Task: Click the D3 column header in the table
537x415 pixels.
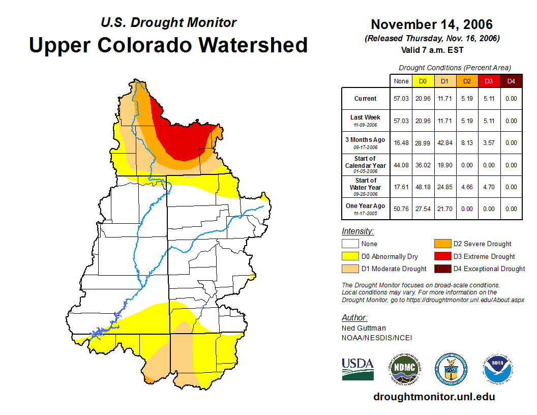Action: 488,81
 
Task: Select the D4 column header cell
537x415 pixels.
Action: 511,81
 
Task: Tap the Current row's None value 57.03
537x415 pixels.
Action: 401,99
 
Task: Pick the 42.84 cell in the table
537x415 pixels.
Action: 444,143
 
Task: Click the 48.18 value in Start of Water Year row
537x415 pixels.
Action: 423,187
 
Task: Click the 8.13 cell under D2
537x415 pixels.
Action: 466,143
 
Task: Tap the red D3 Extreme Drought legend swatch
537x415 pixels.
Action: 441,256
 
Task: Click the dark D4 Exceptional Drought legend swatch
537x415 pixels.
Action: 441,269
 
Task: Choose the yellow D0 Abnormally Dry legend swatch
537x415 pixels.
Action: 350,256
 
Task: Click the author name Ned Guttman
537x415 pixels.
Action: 364,328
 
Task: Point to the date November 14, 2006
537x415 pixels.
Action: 432,24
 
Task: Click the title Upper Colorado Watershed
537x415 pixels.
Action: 168,45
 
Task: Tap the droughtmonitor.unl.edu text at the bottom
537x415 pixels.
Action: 434,397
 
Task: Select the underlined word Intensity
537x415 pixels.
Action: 357,231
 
